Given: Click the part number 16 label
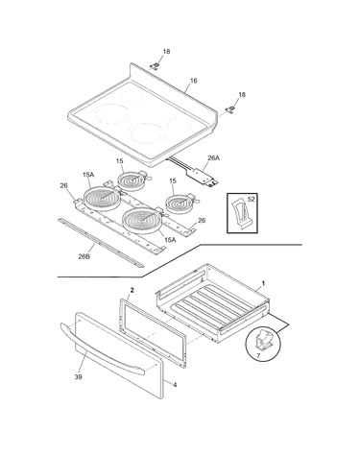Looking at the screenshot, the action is [194, 81].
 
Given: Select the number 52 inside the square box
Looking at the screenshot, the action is [252, 199].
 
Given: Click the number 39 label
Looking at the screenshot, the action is [79, 377].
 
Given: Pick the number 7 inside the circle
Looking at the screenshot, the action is [258, 355].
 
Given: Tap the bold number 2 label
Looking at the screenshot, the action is [132, 290].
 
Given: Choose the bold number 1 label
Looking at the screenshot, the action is [263, 283].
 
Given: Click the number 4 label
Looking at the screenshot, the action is [175, 385].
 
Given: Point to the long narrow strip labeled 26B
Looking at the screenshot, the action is [101, 243].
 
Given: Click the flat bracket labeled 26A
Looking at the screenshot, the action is [203, 177].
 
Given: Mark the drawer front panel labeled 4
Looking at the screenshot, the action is [119, 355].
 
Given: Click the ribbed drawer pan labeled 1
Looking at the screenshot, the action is [212, 302].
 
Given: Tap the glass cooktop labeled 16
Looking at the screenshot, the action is [143, 115].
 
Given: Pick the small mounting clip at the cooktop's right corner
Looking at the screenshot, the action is [229, 109].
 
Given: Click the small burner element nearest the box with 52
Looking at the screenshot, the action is [180, 203].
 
